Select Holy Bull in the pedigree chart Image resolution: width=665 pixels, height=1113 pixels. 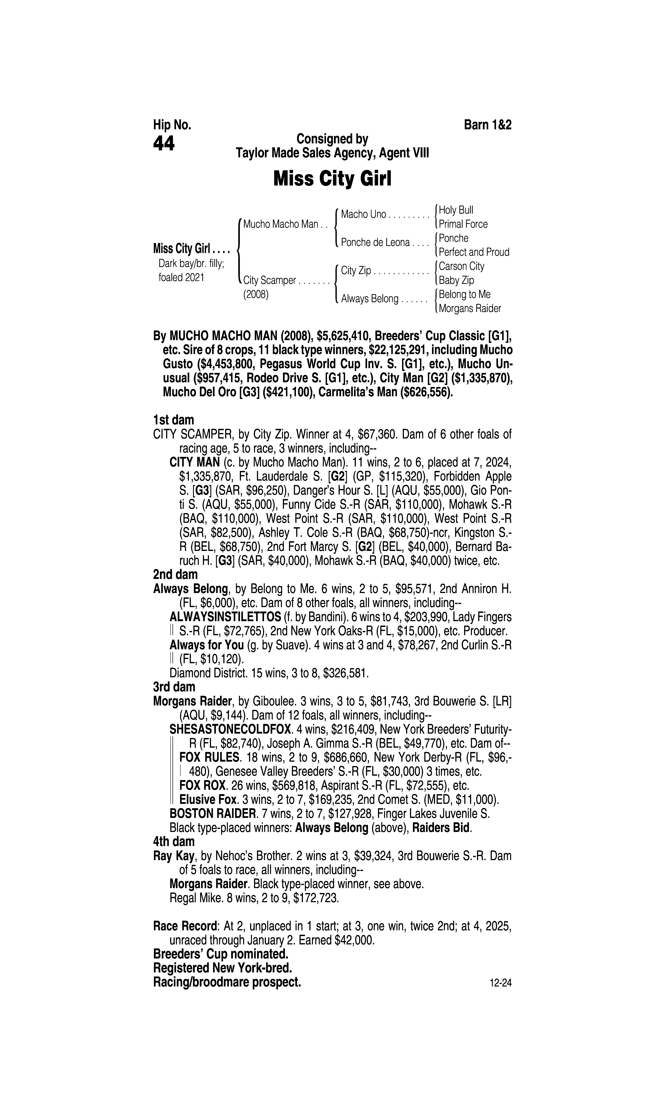[x=456, y=210]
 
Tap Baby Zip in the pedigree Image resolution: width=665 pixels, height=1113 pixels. [x=456, y=280]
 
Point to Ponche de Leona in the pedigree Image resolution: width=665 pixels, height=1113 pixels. [x=375, y=243]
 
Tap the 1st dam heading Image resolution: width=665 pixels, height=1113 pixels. [x=173, y=420]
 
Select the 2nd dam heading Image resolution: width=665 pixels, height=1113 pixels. [x=175, y=574]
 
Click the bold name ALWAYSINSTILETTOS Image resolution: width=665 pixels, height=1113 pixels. [x=225, y=617]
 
